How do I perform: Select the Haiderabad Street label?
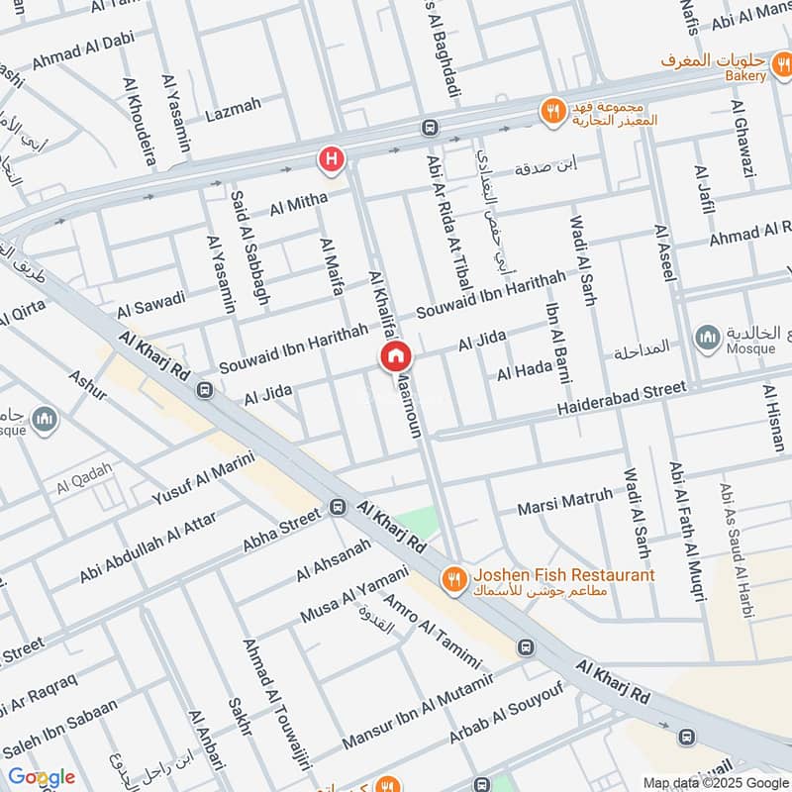tap(621, 398)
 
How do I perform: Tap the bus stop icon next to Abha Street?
tap(338, 509)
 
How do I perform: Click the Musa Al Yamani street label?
tap(353, 595)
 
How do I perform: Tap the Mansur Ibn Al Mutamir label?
tap(417, 710)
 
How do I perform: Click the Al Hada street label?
tap(524, 371)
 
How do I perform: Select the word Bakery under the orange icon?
tap(743, 76)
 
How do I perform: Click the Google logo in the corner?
tap(41, 777)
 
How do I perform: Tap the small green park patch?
tap(419, 521)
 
